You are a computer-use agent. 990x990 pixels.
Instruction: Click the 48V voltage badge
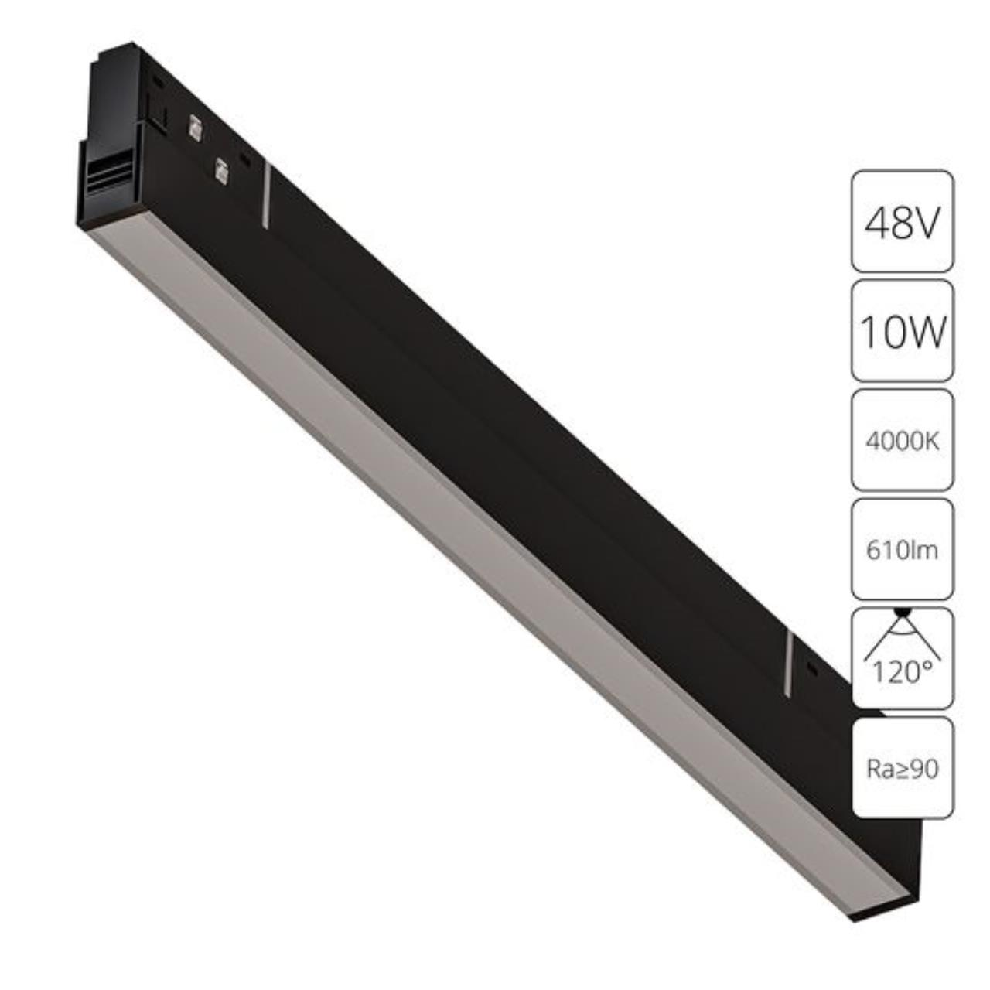(x=903, y=222)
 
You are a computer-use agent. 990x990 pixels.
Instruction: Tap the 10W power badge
(x=903, y=331)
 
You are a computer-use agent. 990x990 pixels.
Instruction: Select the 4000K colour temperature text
(x=903, y=442)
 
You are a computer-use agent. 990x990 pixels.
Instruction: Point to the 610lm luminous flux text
(x=903, y=551)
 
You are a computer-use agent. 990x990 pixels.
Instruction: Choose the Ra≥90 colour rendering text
(x=903, y=769)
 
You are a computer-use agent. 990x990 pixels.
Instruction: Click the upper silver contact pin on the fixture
(x=194, y=128)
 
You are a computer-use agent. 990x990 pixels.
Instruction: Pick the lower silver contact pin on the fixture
(x=221, y=171)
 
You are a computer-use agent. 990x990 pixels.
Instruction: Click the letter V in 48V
(x=927, y=223)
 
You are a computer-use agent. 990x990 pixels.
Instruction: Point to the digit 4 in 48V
(x=877, y=223)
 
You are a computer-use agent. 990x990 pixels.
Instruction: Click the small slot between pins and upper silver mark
(x=245, y=160)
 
